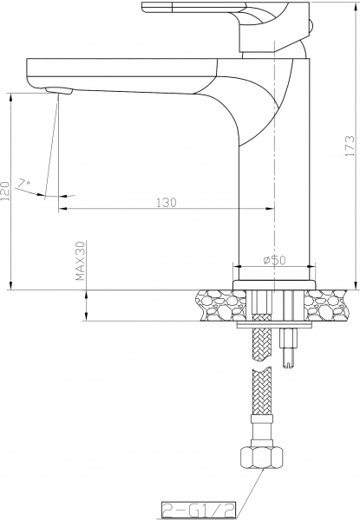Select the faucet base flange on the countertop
pos(273,283)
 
